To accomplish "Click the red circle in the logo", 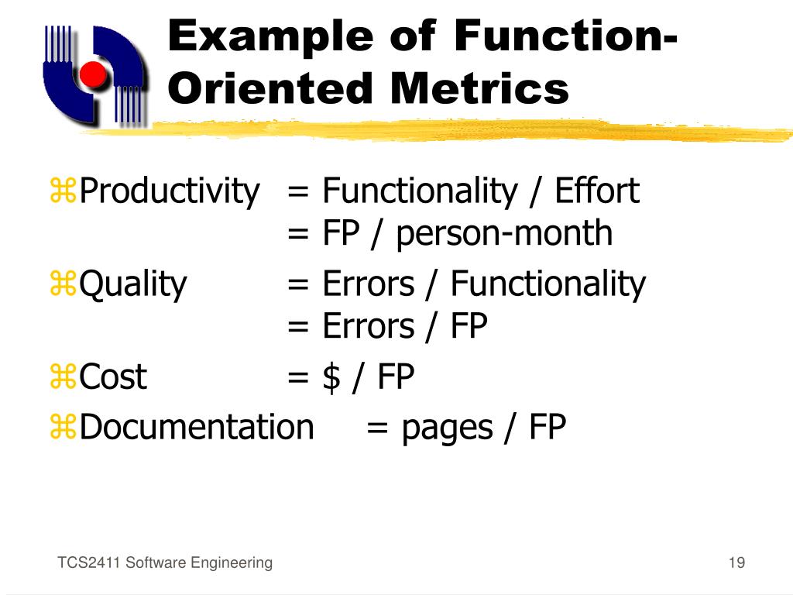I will [x=94, y=75].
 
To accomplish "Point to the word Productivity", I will [x=170, y=191].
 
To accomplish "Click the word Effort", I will [x=597, y=191].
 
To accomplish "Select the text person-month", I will [x=504, y=233].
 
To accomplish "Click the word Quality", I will [x=133, y=284].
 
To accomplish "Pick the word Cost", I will [x=113, y=377].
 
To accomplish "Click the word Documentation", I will [x=197, y=427].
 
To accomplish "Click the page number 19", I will [x=736, y=562].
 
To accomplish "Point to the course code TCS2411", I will [x=88, y=563].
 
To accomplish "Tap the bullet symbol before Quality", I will [x=64, y=285].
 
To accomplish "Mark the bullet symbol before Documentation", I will [x=64, y=428].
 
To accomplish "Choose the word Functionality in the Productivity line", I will [x=418, y=191].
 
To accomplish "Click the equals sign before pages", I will [x=377, y=428].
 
